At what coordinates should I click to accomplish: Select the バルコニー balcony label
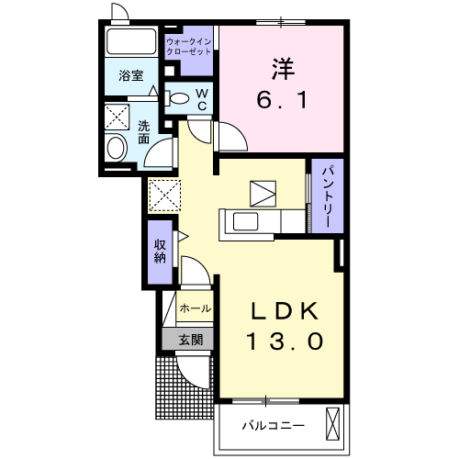[x=274, y=425]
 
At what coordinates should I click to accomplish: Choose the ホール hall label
[x=194, y=308]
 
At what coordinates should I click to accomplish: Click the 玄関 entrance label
[x=191, y=339]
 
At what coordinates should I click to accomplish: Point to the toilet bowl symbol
[x=180, y=99]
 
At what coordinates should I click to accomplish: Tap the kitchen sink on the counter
[x=246, y=220]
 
